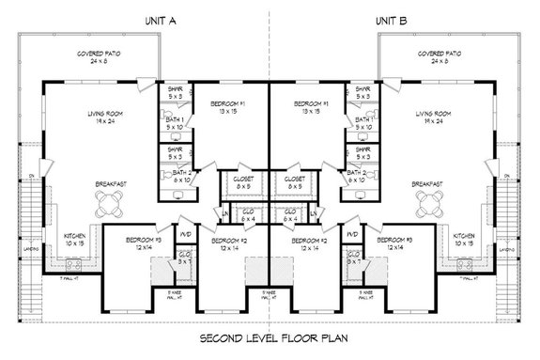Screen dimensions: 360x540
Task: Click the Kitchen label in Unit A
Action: point(76,240)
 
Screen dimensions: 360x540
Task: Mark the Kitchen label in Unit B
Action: point(464,240)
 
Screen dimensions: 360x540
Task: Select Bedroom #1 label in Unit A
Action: point(228,106)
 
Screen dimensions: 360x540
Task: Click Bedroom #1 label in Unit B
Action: point(312,106)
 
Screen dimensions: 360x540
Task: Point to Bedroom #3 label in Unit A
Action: point(125,243)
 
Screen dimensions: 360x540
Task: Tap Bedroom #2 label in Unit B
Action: point(307,243)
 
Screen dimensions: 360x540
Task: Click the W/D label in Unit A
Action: point(185,233)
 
